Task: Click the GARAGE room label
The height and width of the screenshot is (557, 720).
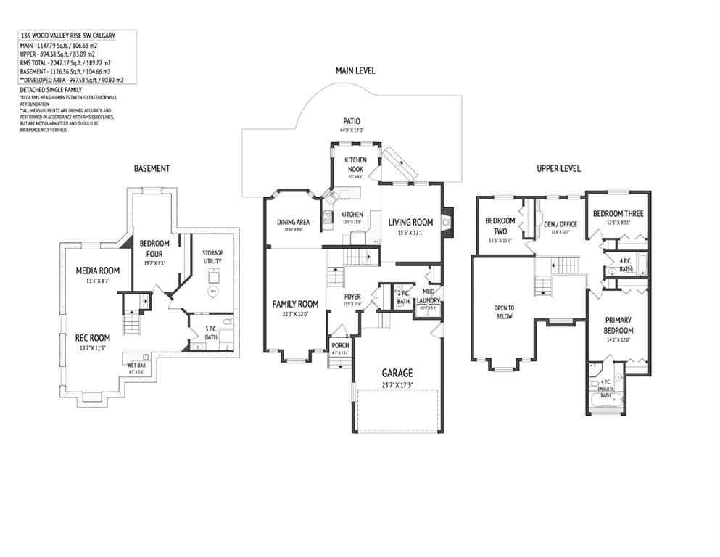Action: [x=397, y=374]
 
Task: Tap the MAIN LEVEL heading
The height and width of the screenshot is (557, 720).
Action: [x=355, y=70]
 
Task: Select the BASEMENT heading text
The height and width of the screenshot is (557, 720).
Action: [x=152, y=168]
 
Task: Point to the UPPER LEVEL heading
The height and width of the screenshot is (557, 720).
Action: [x=558, y=168]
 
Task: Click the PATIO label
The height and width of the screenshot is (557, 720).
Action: [x=352, y=121]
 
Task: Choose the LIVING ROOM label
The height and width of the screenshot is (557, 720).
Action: [x=410, y=223]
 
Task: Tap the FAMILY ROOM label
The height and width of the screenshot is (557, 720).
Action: [x=295, y=304]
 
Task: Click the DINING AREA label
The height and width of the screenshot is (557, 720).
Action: [x=293, y=222]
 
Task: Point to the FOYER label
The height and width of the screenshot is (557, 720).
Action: [x=352, y=296]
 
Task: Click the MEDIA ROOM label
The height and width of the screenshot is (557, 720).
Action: [x=98, y=271]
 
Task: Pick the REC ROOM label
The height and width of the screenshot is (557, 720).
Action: [x=93, y=337]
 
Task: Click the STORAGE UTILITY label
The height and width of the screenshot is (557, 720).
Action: [x=212, y=256]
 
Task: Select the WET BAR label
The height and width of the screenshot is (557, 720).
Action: [x=136, y=365]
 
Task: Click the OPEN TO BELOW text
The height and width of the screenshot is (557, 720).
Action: [x=504, y=311]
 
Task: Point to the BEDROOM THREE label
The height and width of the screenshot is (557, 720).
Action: [x=618, y=213]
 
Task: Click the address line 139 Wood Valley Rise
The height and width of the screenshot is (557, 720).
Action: [x=67, y=35]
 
